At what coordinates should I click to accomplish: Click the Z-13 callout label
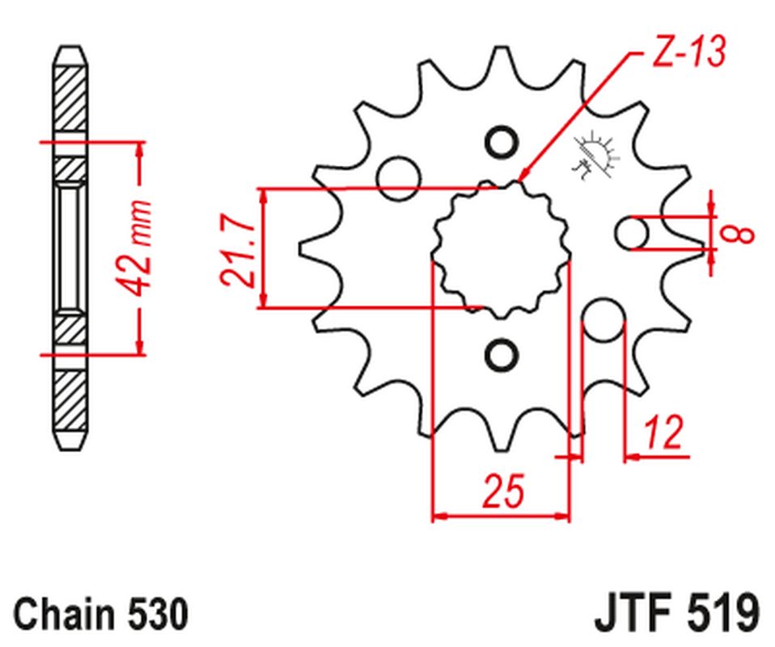[x=685, y=53]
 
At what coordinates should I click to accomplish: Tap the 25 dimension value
[x=502, y=492]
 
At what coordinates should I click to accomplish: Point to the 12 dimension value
[x=664, y=433]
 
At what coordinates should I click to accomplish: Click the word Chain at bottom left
[x=60, y=614]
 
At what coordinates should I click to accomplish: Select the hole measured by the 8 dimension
[x=632, y=234]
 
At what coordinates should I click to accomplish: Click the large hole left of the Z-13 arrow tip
[x=398, y=174]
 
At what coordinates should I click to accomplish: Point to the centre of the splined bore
[x=502, y=248]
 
